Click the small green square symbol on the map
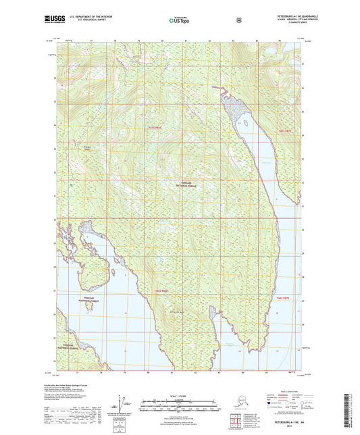(72, 184)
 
